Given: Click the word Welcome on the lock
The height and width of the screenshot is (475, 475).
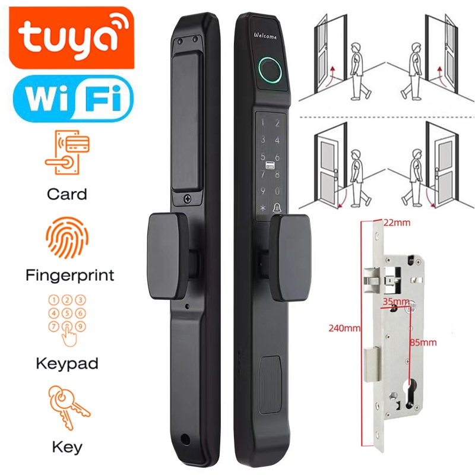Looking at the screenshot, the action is [265, 37].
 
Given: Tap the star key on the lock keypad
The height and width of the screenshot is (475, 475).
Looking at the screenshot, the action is [261, 209].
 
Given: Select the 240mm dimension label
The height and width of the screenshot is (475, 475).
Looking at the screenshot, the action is [343, 327].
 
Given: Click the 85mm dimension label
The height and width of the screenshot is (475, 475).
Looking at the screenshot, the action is [423, 342].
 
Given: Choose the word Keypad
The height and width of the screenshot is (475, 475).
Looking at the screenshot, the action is [66, 363].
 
